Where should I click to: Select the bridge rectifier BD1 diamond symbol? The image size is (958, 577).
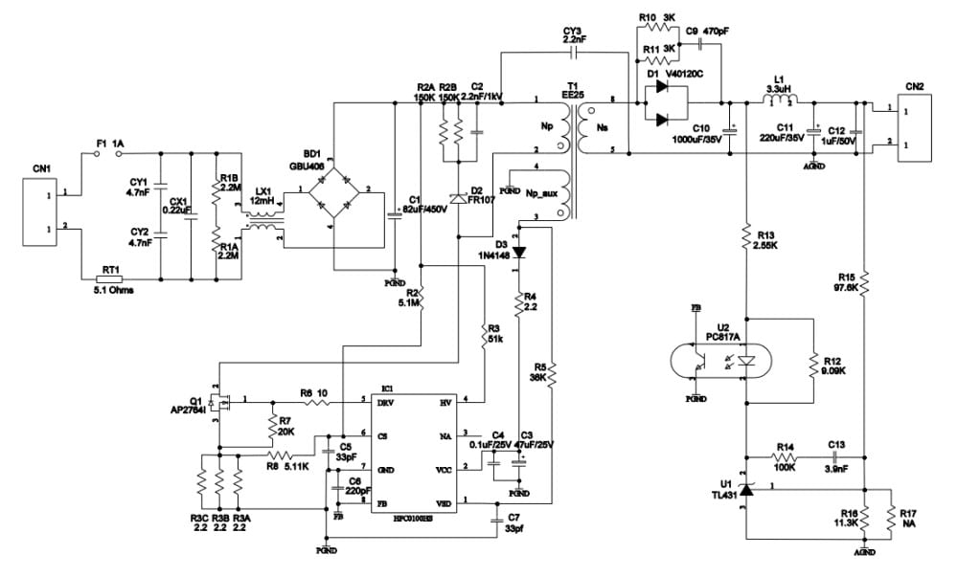(331, 189)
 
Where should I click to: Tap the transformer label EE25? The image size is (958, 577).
(572, 96)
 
